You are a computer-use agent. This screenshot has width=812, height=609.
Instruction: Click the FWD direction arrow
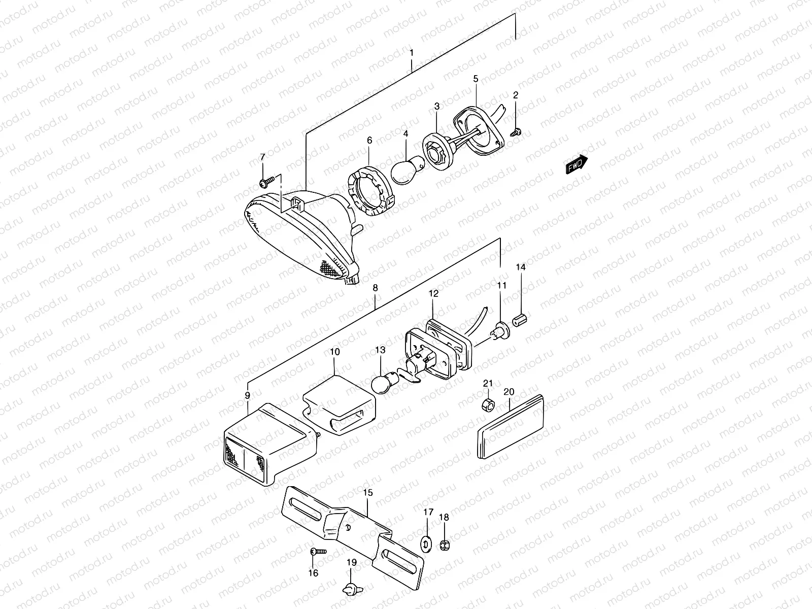coord(577,165)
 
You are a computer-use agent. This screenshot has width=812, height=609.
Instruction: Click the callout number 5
coord(476,79)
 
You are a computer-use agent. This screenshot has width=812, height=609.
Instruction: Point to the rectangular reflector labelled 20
coord(511,429)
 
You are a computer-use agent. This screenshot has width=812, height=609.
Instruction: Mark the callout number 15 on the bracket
coord(368,492)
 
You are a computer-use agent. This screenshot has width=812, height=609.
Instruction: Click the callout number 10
coord(334,351)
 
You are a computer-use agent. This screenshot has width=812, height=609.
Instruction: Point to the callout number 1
coord(412,53)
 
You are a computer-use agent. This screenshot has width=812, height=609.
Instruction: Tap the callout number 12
coord(433,293)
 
